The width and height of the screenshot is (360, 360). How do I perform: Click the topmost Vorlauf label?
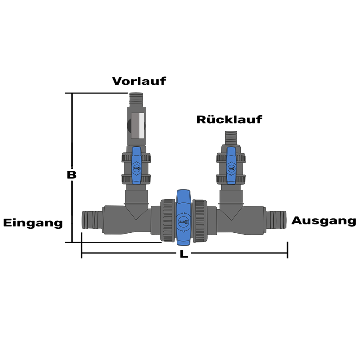coord(139,81)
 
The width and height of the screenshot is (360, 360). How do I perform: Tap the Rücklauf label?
coord(229,119)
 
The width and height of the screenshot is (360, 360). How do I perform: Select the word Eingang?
coord(33,223)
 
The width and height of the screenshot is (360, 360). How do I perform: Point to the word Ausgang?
coord(324,221)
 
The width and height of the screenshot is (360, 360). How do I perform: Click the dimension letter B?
coord(71,175)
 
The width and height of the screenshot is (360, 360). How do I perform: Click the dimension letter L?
coord(183,254)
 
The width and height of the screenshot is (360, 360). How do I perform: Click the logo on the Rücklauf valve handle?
coord(231,168)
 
